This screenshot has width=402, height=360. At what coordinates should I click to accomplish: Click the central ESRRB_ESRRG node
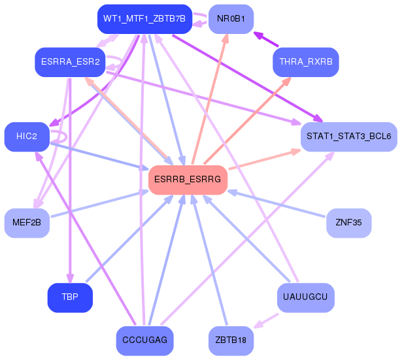pyautogui.click(x=188, y=180)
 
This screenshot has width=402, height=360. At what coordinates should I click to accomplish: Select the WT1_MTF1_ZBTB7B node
pyautogui.click(x=144, y=19)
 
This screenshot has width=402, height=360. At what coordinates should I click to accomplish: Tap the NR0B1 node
pyautogui.click(x=231, y=19)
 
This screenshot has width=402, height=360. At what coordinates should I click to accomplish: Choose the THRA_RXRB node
pyautogui.click(x=306, y=62)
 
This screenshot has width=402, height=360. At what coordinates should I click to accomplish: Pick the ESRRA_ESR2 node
pyautogui.click(x=70, y=62)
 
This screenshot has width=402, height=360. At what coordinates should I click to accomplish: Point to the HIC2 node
pyautogui.click(x=27, y=137)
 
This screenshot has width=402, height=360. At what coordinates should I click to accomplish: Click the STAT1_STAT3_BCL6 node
pyautogui.click(x=349, y=137)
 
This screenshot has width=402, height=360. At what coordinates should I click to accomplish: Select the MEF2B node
pyautogui.click(x=27, y=223)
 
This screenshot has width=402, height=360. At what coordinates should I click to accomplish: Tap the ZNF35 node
pyautogui.click(x=348, y=223)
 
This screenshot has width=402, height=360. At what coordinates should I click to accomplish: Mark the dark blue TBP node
pyautogui.click(x=70, y=298)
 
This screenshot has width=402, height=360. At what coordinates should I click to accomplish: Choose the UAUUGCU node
pyautogui.click(x=306, y=298)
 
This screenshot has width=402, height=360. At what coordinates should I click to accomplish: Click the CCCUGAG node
pyautogui.click(x=145, y=341)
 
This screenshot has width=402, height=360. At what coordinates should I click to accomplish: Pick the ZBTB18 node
pyautogui.click(x=231, y=341)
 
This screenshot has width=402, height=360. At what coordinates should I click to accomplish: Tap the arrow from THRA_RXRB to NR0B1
pyautogui.click(x=266, y=39)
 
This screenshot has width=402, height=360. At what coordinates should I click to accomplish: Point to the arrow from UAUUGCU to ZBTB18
pyautogui.click(x=266, y=321)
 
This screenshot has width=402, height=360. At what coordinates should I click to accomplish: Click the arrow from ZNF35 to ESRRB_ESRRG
pyautogui.click(x=276, y=204)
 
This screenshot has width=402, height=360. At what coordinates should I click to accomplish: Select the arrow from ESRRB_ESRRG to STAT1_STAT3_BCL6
pyautogui.click(x=265, y=159)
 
